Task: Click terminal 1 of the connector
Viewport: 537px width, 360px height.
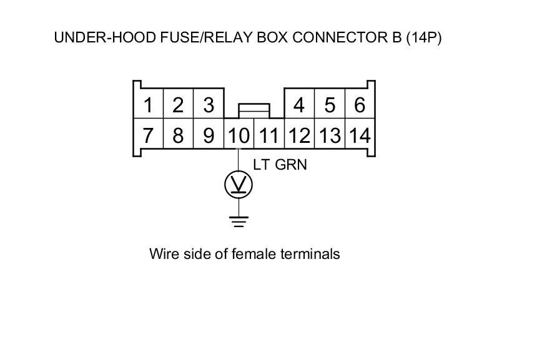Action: pos(148,104)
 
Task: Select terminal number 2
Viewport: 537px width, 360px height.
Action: pos(178,104)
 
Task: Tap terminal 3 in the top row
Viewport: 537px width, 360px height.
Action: pos(209,104)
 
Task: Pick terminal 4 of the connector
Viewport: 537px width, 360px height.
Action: pos(299,104)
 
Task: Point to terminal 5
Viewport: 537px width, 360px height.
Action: pos(329,104)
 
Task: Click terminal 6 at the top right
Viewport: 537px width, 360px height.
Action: pos(359,104)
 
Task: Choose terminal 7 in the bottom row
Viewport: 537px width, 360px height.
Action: pos(148,135)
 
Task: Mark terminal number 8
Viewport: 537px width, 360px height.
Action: pos(178,135)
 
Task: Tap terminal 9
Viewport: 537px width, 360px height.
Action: pos(209,135)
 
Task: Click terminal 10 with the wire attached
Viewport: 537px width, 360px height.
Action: pos(238,135)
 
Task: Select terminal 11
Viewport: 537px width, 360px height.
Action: pos(268,135)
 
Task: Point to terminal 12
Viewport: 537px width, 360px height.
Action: pos(299,135)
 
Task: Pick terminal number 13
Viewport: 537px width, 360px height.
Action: pos(329,135)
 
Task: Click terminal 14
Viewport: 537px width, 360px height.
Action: pos(359,135)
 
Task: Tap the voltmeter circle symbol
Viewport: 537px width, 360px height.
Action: pos(239,184)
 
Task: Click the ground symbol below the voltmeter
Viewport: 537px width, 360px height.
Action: pos(239,220)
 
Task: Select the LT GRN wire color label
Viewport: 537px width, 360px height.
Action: pos(280,165)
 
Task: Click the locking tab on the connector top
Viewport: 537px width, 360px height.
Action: pos(254,109)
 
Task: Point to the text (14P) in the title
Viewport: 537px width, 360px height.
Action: pos(424,37)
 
